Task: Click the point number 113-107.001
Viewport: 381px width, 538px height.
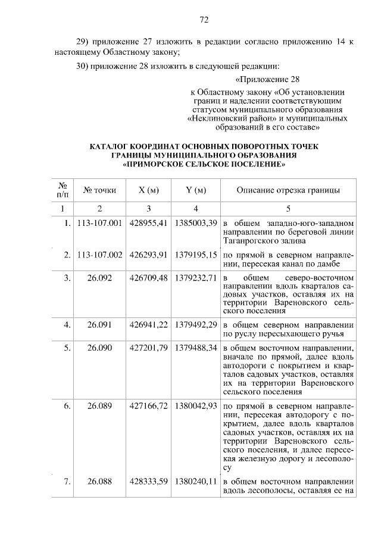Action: tap(100, 222)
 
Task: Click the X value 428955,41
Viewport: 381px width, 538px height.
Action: tap(148, 222)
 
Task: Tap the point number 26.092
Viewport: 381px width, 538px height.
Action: tap(99, 277)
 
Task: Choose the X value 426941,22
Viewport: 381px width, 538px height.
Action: tap(148, 325)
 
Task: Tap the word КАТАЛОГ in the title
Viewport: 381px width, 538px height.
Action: tap(110, 146)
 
